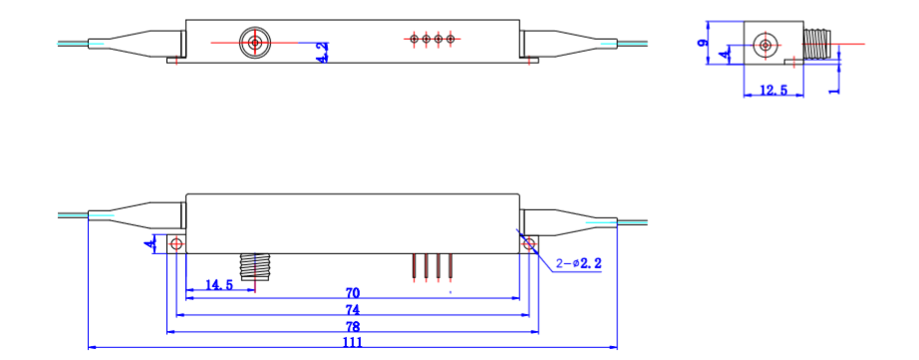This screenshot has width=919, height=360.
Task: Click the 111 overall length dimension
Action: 353,342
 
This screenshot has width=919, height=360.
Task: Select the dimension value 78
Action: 353,326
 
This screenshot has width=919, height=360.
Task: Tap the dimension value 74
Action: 353,310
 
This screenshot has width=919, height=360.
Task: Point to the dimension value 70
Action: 353,293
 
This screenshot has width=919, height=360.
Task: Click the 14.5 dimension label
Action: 218,284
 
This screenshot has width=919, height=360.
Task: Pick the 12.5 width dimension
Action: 773,90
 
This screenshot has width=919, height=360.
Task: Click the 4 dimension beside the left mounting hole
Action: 150,243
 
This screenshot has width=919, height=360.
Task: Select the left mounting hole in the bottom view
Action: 176,243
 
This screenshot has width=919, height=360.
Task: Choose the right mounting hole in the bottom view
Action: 529,243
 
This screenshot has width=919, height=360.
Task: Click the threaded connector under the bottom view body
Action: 256,265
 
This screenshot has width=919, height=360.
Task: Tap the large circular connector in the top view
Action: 256,42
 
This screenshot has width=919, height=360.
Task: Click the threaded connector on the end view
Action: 818,45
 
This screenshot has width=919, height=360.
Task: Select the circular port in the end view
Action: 766,45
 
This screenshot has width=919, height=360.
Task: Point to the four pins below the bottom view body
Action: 433,266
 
